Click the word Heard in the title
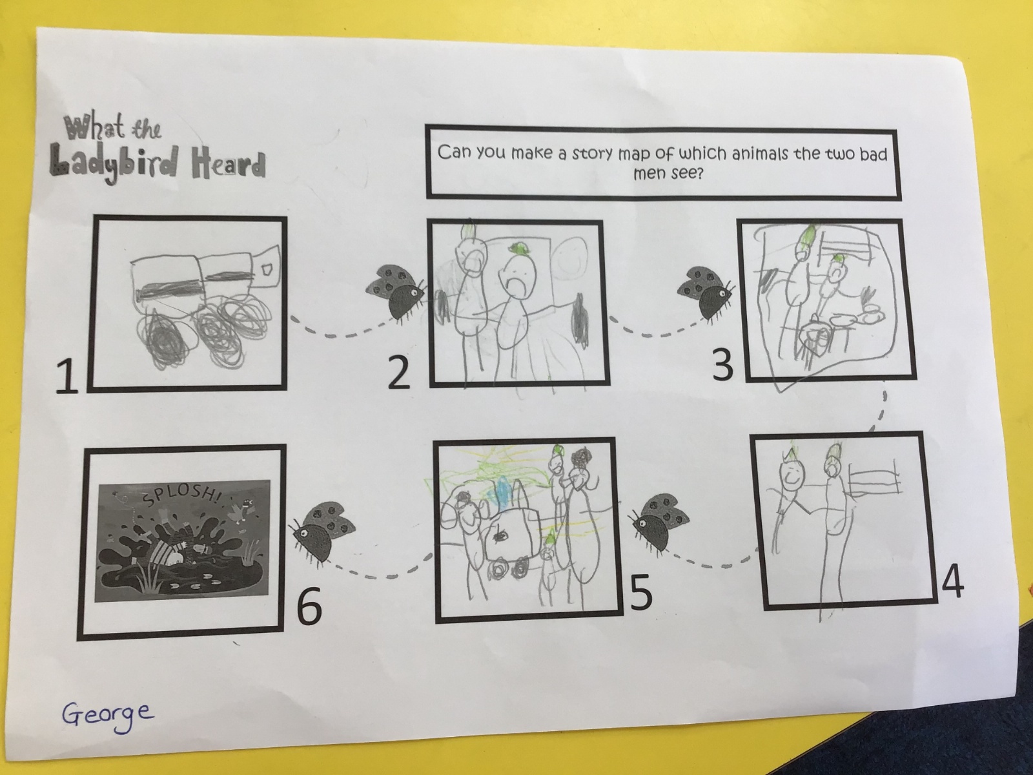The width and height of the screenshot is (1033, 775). [228, 165]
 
